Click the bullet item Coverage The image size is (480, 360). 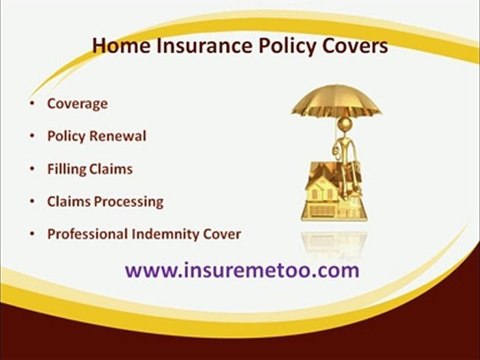coord(78,103)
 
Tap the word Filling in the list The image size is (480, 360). coord(66,169)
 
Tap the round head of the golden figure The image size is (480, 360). coord(346,125)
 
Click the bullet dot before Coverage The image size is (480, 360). coord(33,103)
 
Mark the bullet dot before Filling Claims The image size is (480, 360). coord(33,169)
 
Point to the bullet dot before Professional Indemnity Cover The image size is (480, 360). coord(33,234)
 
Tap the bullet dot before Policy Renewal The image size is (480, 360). coord(33,136)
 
